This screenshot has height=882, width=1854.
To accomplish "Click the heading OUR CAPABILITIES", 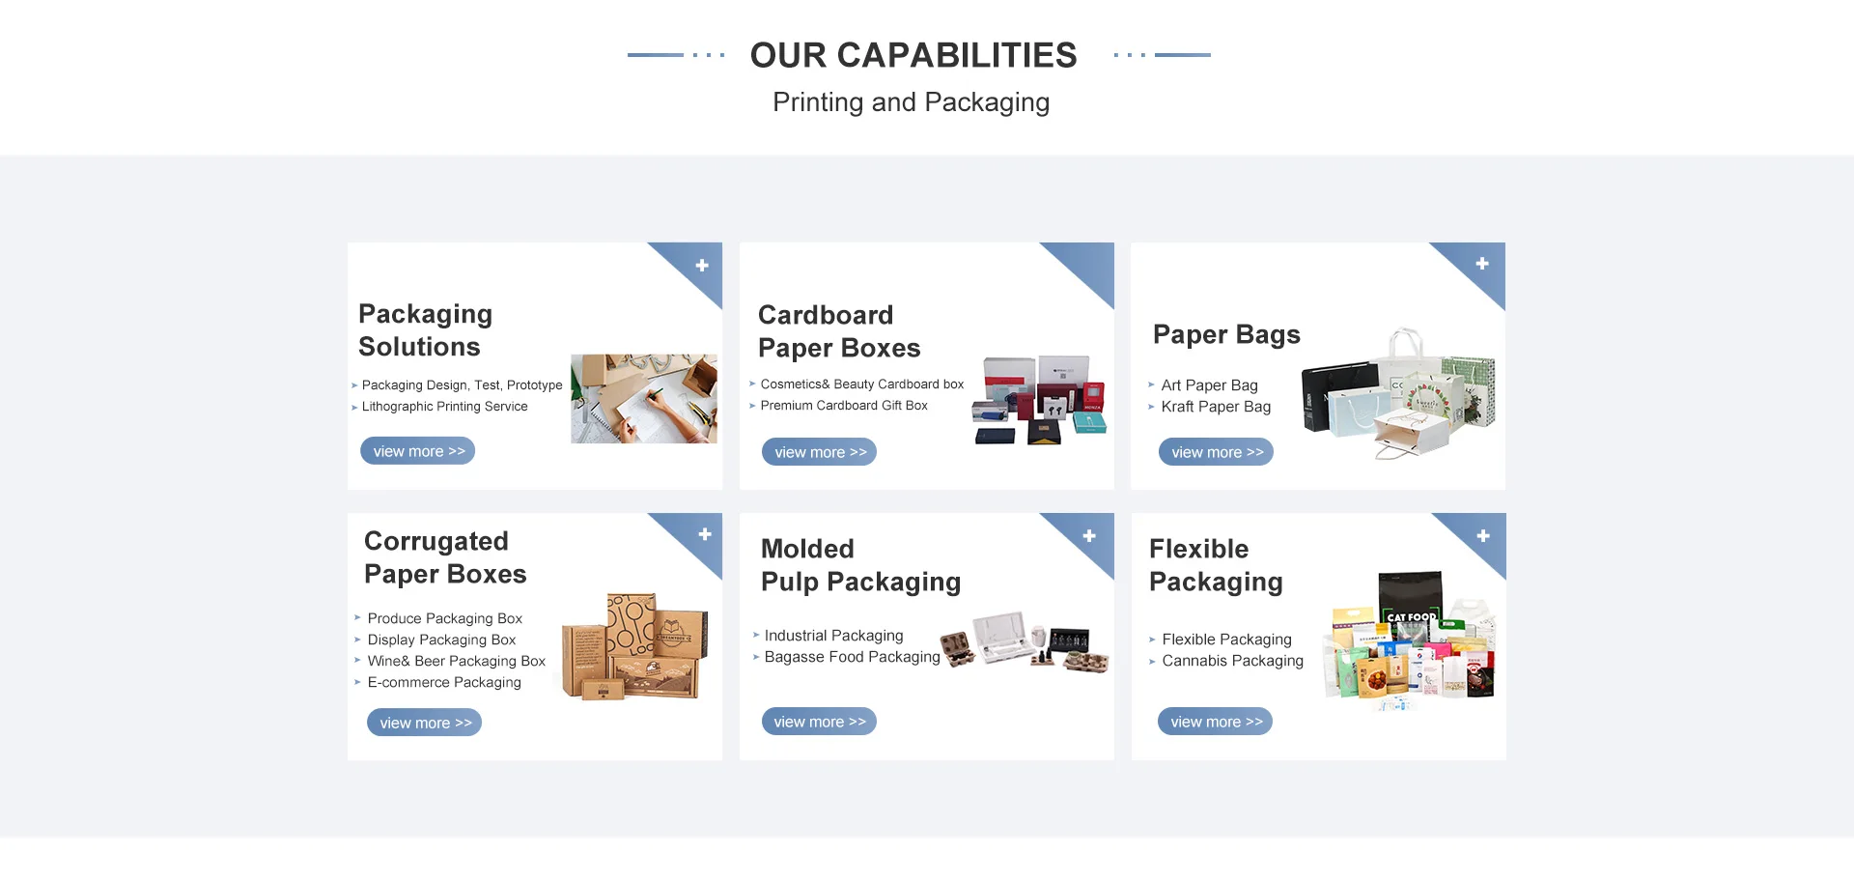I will tap(913, 56).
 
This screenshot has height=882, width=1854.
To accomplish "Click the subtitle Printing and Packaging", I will tap(911, 102).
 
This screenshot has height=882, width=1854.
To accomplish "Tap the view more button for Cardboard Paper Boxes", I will tap(819, 452).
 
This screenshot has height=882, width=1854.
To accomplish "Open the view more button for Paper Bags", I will tap(1216, 452).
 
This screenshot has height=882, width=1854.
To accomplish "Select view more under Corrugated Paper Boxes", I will tap(424, 723).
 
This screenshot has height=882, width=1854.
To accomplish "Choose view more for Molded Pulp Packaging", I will tap(819, 722).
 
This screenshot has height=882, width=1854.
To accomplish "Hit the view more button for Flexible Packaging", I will tap(1215, 722).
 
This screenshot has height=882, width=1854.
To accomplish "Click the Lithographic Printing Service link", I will tap(444, 407).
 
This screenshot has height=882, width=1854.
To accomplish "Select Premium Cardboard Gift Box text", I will tap(843, 406).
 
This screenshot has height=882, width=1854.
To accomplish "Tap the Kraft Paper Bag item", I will tap(1215, 407).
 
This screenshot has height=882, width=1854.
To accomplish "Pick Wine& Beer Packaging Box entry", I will tap(456, 661).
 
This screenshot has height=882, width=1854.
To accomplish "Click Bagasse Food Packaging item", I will tap(852, 657).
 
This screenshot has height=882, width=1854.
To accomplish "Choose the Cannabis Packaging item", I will tap(1232, 661).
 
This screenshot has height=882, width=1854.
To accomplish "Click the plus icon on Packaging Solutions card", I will tap(702, 266).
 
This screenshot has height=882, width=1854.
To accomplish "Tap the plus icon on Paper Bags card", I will tap(1482, 264).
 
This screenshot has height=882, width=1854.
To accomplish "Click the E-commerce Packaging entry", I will tap(443, 682).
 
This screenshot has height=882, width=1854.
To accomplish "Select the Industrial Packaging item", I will tap(833, 636).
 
